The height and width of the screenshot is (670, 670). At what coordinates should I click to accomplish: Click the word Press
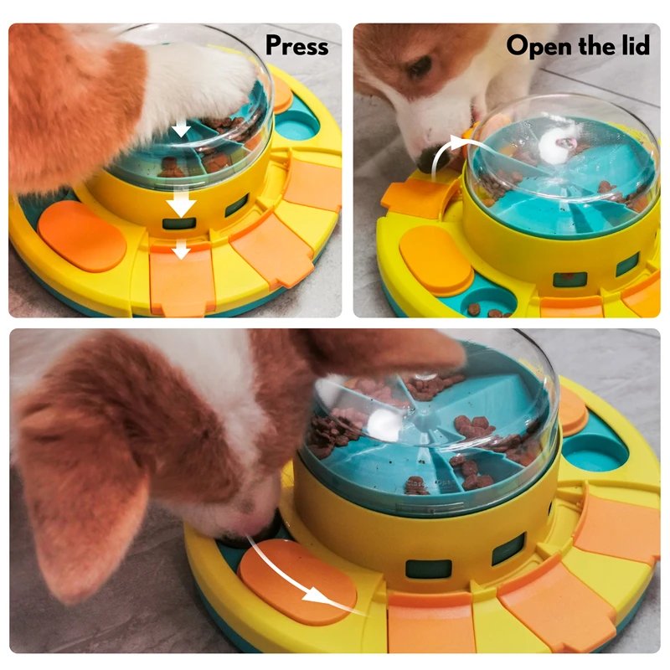pyautogui.click(x=297, y=46)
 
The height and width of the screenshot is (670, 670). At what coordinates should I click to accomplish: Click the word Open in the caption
pyautogui.click(x=536, y=46)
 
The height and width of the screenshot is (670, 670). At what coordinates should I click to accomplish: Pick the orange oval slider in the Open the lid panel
pyautogui.click(x=435, y=260)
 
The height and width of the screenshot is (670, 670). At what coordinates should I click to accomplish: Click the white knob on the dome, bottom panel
pyautogui.click(x=384, y=423)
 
